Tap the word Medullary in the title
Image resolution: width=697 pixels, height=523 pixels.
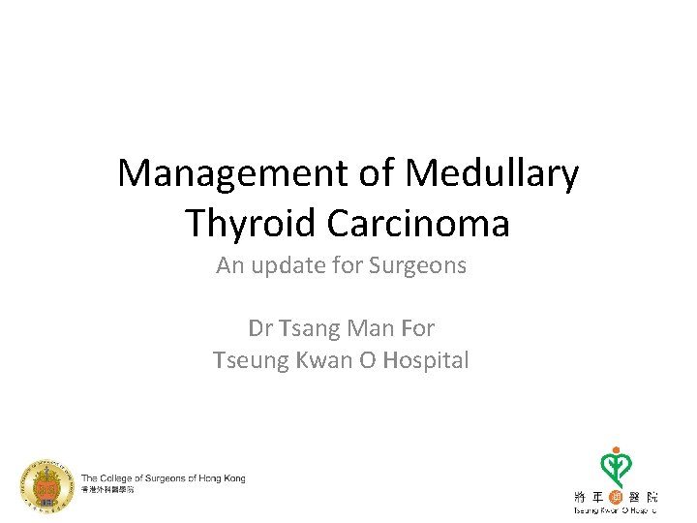tap(493, 174)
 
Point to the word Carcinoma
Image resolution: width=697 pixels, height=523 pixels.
tap(418, 223)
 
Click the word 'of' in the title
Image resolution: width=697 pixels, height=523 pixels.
tap(379, 174)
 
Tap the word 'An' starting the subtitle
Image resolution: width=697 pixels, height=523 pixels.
tap(230, 264)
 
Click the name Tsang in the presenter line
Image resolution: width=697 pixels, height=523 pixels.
tap(309, 328)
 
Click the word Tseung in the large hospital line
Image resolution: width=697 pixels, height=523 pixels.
tap(247, 360)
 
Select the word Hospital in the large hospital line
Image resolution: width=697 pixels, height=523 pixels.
tap(426, 360)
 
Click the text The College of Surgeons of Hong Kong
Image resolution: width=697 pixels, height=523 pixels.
tap(163, 477)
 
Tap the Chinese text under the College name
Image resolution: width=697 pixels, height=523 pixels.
tap(107, 490)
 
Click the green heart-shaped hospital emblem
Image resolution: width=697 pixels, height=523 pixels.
tap(613, 466)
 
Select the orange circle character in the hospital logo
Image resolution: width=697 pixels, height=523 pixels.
tap(615, 496)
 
